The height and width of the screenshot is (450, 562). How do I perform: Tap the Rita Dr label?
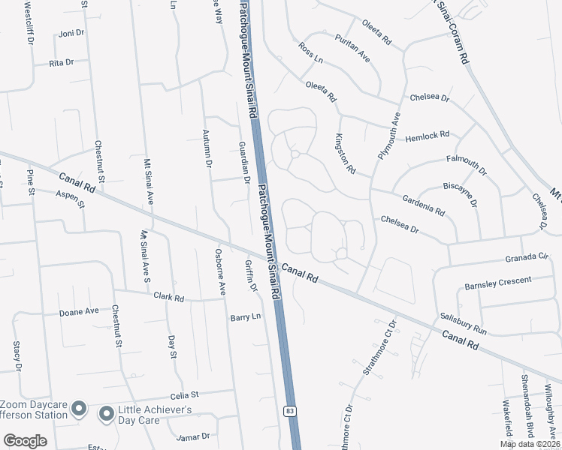[x=61, y=63]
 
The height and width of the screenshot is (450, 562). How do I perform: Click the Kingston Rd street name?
[x=345, y=154]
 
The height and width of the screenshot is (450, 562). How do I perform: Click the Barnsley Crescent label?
[x=497, y=283]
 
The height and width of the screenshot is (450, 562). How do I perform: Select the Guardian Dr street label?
[x=243, y=162]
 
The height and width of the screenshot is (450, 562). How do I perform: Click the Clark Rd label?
[x=168, y=297]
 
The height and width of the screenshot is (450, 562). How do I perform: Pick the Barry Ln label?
[x=244, y=317]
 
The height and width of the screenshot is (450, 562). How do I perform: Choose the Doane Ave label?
[x=80, y=311]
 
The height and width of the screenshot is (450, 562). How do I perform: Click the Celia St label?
[x=183, y=394]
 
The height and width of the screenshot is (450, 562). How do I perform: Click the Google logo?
[x=25, y=440]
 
